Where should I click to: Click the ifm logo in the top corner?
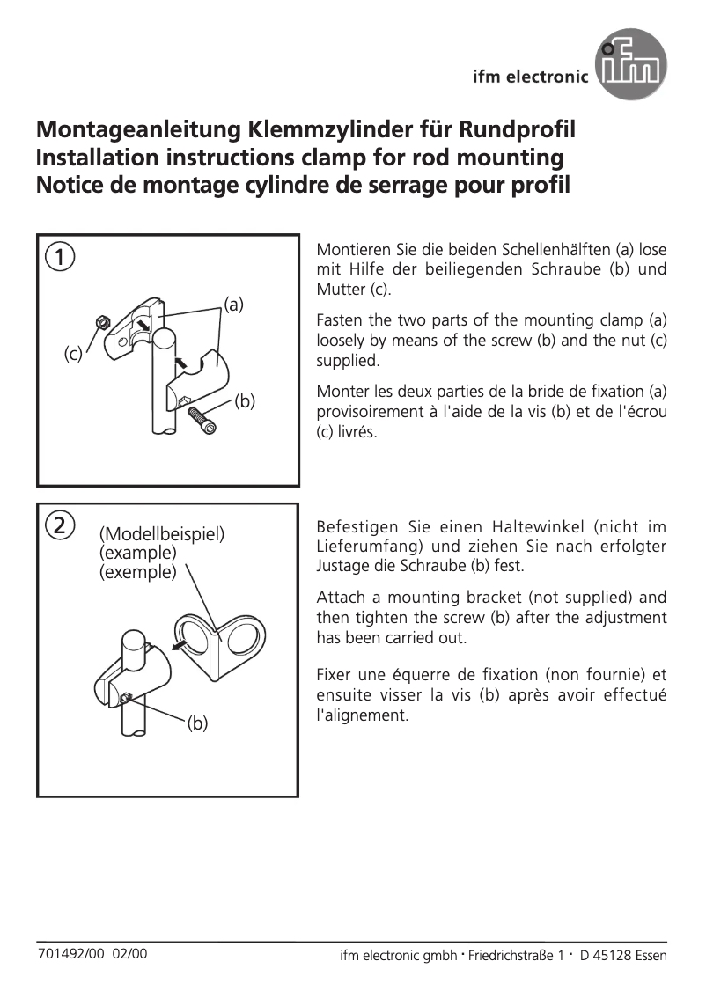pos(630,64)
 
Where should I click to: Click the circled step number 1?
pos(59,258)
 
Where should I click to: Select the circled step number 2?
pos(59,525)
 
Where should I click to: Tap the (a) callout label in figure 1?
pos(233,305)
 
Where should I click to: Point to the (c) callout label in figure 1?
pos(73,354)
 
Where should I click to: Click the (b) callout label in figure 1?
pos(244,401)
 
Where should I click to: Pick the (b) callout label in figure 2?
pos(196,723)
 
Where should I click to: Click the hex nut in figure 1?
pos(102,323)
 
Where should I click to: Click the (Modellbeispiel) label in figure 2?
pos(162,534)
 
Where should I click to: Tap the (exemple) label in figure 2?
pos(137,572)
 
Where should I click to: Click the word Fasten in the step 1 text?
pos(341,320)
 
